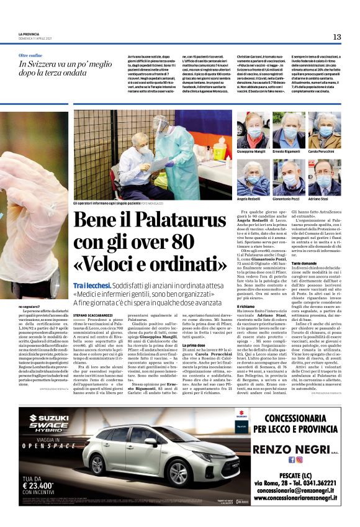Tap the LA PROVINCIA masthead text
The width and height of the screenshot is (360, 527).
pyautogui.click(x=29, y=34)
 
